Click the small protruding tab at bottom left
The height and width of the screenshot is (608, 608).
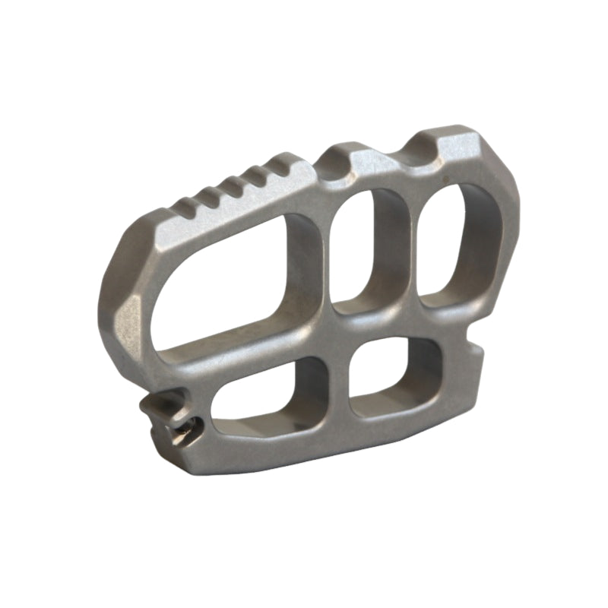(x=163, y=414)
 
